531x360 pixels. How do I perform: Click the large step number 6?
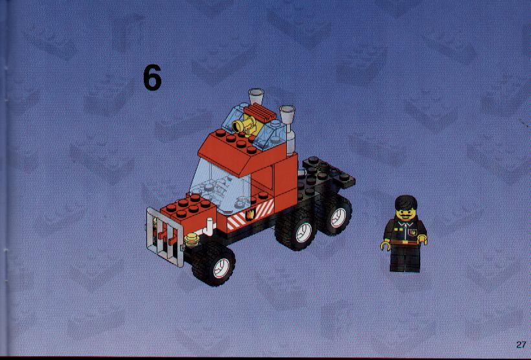[152, 78]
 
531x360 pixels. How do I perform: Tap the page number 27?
[521, 344]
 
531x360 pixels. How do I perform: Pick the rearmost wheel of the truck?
[333, 214]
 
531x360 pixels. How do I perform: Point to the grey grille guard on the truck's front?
[165, 236]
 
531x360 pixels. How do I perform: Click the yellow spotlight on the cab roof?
[245, 125]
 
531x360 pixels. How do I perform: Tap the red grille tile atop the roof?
[260, 113]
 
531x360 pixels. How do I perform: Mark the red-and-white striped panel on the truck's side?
[250, 215]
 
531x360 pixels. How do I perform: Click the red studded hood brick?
[188, 211]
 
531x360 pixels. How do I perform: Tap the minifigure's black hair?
[406, 203]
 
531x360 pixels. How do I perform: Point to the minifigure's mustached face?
[406, 214]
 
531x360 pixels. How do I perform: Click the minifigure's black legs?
[405, 258]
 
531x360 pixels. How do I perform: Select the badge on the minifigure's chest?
[413, 232]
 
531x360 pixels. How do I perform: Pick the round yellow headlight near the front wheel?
[192, 240]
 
